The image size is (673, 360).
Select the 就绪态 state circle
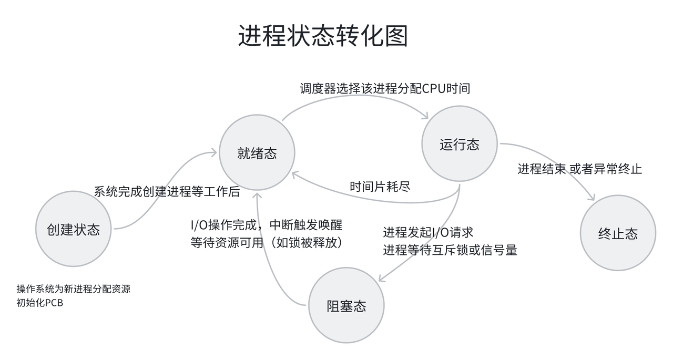[257, 153]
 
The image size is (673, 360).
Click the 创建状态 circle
[74, 229]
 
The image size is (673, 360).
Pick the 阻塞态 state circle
[346, 306]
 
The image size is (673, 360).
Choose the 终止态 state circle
[618, 233]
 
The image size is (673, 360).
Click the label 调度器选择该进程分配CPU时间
[385, 89]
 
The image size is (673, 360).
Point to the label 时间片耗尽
[380, 186]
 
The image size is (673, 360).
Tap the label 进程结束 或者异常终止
[579, 169]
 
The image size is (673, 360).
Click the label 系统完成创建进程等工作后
[167, 192]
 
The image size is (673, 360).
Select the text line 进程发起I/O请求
[428, 232]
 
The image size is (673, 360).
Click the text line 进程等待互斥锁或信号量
[450, 250]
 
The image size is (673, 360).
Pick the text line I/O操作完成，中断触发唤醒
[266, 225]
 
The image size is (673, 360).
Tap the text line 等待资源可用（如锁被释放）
[266, 243]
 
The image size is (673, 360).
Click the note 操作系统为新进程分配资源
[73, 289]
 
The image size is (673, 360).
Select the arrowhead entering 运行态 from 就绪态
[426, 116]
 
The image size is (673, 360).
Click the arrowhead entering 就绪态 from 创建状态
[214, 152]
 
